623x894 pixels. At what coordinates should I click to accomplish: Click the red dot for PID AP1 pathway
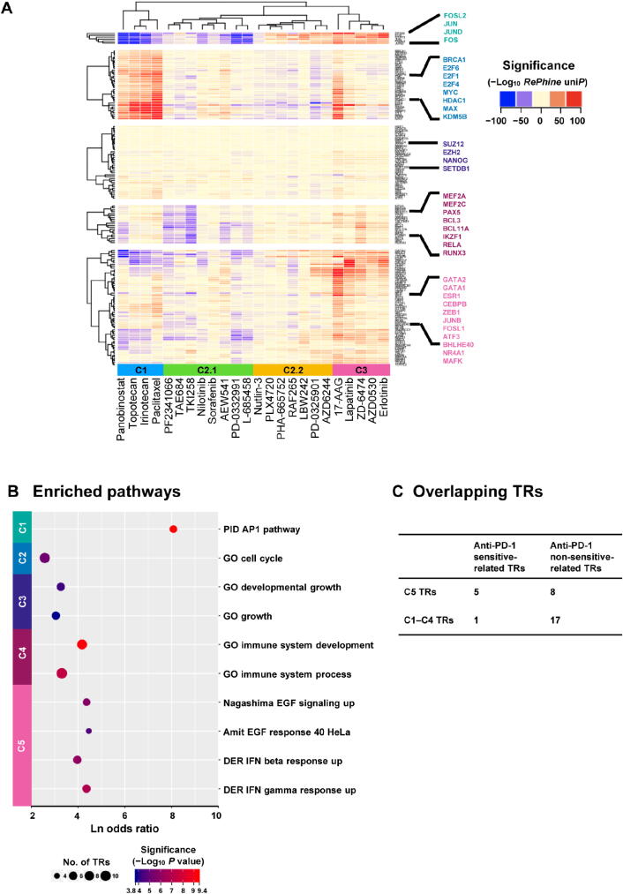point(173,529)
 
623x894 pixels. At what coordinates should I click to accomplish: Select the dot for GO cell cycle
point(45,558)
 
